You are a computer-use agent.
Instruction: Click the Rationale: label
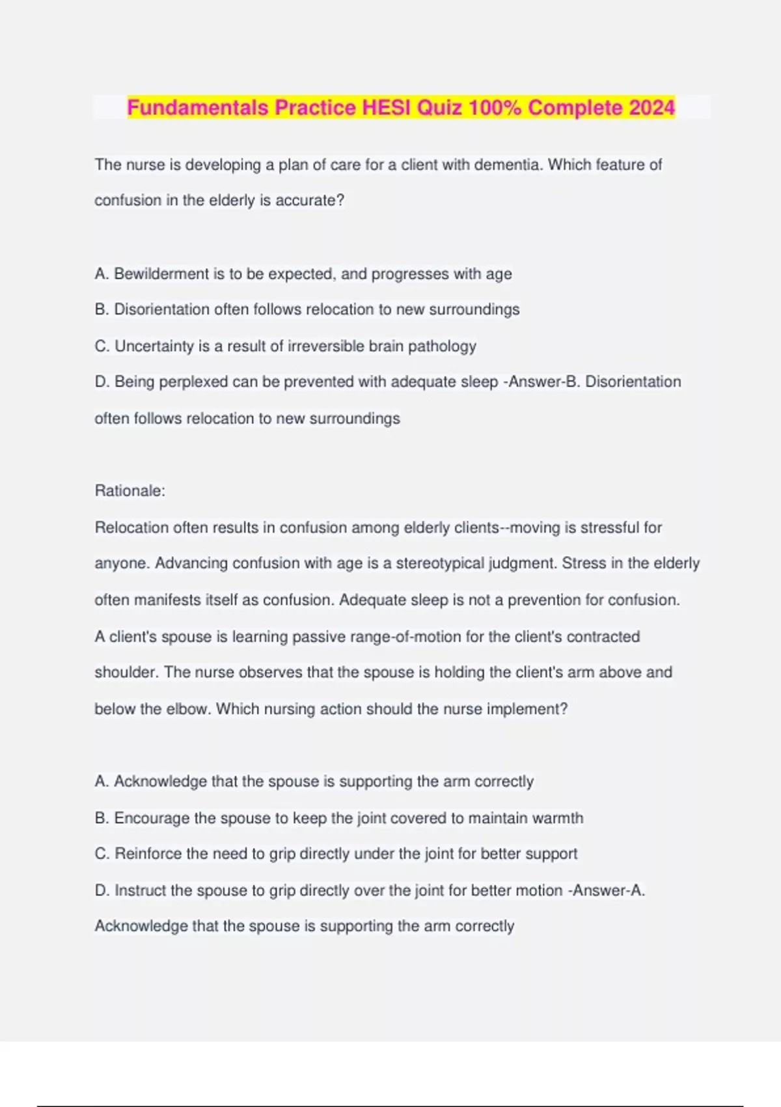coord(130,491)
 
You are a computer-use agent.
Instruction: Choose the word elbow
coord(187,709)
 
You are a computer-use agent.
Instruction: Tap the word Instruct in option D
coord(140,890)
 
